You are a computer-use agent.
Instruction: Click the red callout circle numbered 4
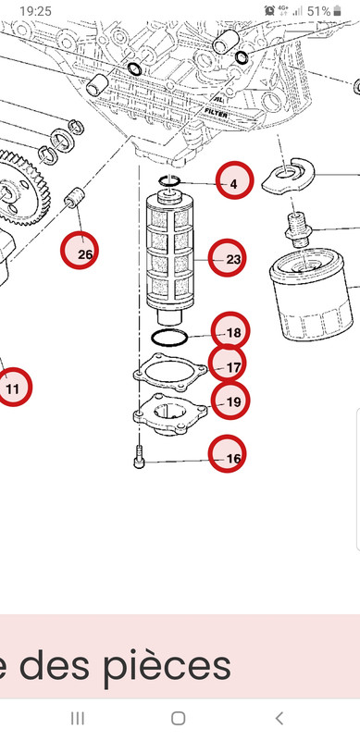[233, 183]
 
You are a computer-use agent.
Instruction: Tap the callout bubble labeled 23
[232, 260]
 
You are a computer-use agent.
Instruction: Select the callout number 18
[231, 332]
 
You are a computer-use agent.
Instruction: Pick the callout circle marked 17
[231, 366]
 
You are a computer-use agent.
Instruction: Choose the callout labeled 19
[231, 401]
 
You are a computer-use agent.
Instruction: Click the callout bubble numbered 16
[231, 457]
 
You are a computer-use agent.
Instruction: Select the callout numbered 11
[12, 388]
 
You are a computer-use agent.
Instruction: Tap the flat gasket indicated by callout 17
[166, 373]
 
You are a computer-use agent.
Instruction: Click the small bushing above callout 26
[75, 200]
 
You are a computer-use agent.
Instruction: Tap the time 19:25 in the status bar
[35, 10]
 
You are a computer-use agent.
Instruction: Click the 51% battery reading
[319, 10]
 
